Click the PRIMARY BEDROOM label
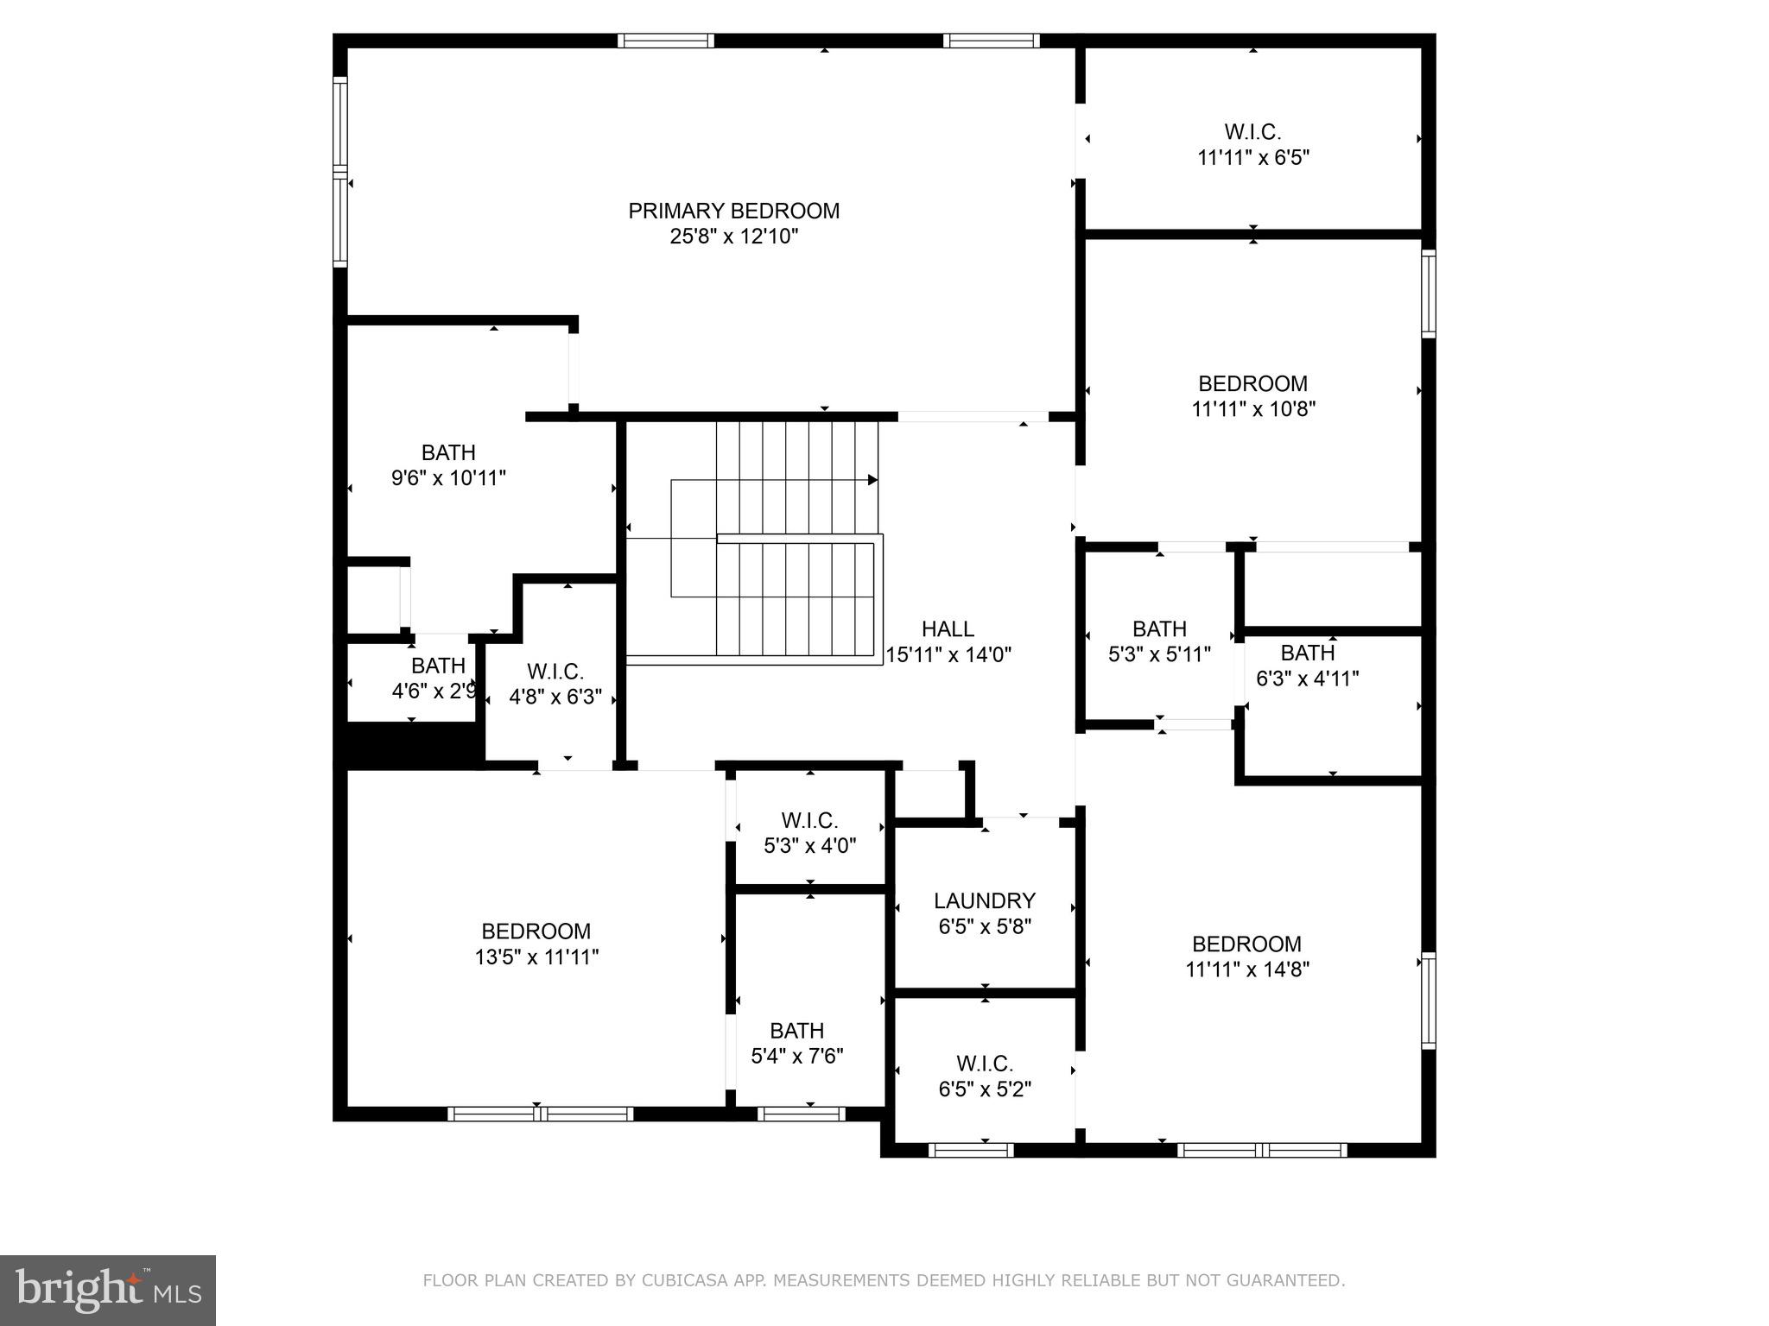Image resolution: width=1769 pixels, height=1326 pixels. [x=733, y=211]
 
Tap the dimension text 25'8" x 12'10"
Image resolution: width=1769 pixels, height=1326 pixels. [x=733, y=237]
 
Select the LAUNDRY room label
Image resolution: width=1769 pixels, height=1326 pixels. [x=984, y=900]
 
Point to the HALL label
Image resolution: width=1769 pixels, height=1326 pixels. [x=948, y=628]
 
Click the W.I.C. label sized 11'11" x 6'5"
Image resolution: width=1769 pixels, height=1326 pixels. [x=1252, y=132]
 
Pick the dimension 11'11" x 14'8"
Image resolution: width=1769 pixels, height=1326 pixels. [x=1246, y=969]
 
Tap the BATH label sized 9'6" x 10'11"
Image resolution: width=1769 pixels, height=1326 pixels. [x=448, y=452]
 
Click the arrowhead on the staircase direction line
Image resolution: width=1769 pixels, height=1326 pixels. [x=872, y=480]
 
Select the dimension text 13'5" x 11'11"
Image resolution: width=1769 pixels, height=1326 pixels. [x=536, y=957]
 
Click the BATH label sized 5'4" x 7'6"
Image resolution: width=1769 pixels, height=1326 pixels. [x=796, y=1031]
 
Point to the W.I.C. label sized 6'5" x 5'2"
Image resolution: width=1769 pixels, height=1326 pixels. [x=984, y=1064]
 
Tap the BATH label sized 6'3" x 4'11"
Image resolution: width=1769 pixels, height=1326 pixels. [x=1307, y=653]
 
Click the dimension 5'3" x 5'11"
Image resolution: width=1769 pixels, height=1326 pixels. [x=1159, y=655]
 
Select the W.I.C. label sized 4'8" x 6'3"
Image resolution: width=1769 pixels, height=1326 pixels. [x=555, y=672]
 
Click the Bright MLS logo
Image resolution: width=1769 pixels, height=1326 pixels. [x=108, y=1290]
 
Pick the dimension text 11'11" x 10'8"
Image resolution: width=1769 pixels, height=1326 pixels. [x=1252, y=409]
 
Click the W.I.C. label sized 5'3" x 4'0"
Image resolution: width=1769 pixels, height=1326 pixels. [x=809, y=820]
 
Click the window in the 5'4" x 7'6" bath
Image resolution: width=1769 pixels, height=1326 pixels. [x=801, y=1114]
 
